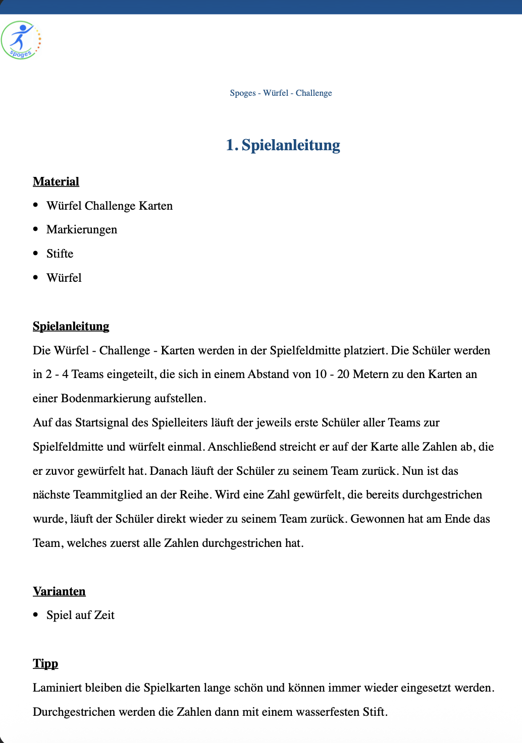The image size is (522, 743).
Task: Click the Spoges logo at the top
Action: coord(21,40)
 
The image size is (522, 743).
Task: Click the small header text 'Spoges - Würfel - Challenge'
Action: coord(281,93)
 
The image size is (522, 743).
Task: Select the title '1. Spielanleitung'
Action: coord(283,145)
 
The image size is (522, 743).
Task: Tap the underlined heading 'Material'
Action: coord(56,181)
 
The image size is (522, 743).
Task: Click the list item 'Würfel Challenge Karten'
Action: coord(110,206)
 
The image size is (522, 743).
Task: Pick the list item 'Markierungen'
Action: coord(82,230)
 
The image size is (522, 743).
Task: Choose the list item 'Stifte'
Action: coord(60,254)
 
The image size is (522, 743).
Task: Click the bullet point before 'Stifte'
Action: coord(35,253)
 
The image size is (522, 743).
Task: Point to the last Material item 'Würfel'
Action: coord(64,278)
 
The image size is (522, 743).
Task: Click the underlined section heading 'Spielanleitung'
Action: coord(71,326)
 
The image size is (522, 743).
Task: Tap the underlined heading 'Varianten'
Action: coord(59,591)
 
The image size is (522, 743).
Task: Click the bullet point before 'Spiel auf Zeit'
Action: coord(35,614)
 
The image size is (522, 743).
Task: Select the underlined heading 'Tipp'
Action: coord(45,663)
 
